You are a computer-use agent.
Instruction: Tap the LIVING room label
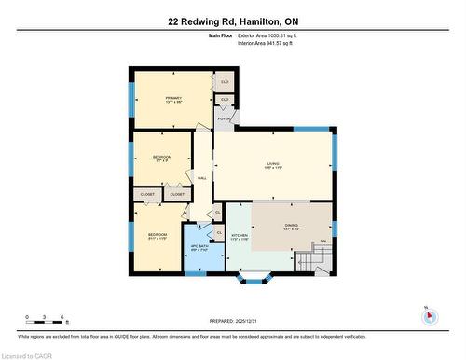[x=272, y=164]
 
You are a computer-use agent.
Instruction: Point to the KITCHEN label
[x=238, y=235]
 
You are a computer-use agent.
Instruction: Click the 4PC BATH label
[x=199, y=247]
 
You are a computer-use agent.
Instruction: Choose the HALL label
[x=202, y=177]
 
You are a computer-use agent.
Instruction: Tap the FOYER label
[x=224, y=119]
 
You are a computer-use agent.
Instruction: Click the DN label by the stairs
[x=323, y=242]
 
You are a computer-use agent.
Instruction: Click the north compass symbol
[x=429, y=316]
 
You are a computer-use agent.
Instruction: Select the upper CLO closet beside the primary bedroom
[x=224, y=81]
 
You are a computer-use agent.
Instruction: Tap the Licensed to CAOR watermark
[x=29, y=354]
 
